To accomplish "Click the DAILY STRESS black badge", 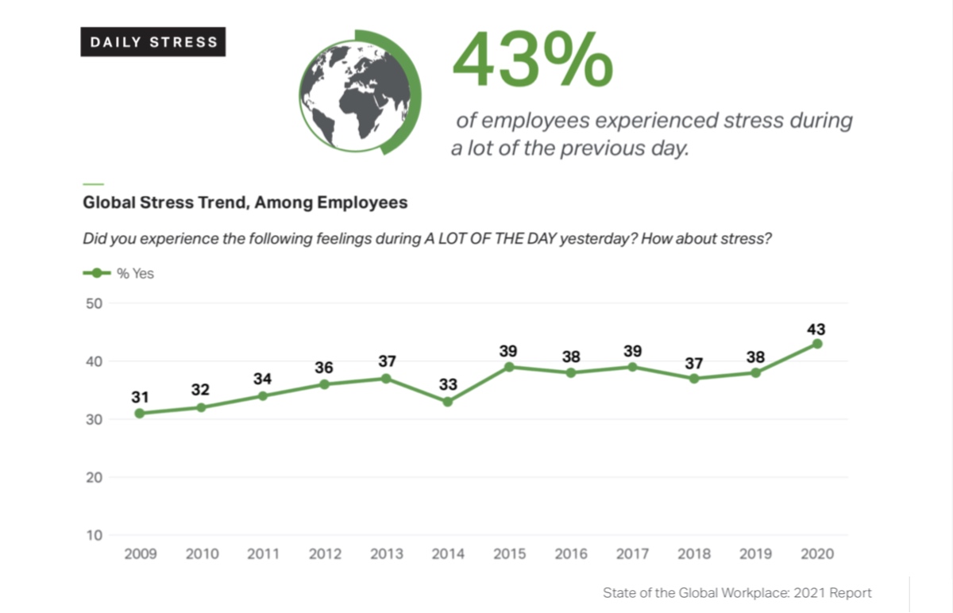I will [153, 42].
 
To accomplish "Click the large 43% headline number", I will [533, 61].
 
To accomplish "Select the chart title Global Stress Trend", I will [245, 202].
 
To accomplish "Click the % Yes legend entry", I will [119, 273].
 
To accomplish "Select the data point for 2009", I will [140, 413].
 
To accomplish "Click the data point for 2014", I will [447, 402].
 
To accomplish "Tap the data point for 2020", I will [817, 344].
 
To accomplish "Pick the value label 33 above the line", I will [447, 385].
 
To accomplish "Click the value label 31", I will [140, 396].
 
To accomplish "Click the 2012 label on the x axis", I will [324, 554].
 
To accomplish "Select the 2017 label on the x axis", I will [632, 554].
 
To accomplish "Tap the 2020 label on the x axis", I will [817, 554].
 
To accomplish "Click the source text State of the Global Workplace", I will [737, 593].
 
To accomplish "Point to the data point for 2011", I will [263, 395].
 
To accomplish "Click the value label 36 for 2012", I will [324, 368].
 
